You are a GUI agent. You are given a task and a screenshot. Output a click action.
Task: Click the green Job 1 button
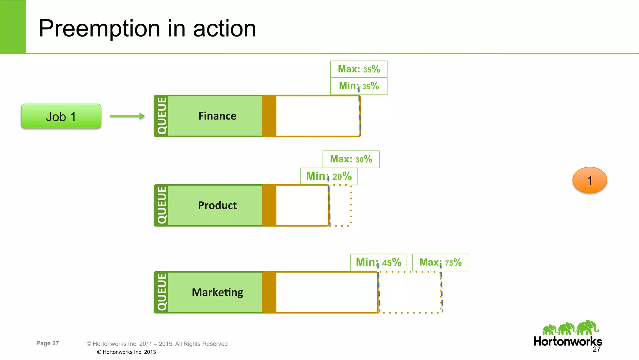61,116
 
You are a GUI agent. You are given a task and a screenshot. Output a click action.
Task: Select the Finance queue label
217,116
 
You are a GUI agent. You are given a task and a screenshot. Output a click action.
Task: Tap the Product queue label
217,205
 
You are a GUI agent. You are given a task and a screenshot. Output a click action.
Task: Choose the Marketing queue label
217,292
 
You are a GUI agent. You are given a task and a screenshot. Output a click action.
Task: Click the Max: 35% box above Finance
359,69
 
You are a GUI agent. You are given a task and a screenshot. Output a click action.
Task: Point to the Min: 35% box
359,86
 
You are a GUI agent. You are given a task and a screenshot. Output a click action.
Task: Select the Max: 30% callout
351,159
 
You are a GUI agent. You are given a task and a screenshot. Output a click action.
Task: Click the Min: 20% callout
329,176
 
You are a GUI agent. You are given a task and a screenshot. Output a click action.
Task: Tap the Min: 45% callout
378,262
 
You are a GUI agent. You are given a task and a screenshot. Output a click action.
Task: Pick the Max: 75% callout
440,262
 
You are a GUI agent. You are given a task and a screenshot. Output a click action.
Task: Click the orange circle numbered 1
589,180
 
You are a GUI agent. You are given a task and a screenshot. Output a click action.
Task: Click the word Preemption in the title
99,28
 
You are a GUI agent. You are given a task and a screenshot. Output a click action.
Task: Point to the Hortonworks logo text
568,341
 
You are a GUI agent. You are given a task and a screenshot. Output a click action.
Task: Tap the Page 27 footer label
47,343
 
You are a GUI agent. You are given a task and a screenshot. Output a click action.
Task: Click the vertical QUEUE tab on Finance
162,116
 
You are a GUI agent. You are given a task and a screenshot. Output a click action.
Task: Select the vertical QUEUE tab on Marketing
162,292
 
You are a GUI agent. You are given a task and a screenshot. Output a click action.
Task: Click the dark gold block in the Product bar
269,205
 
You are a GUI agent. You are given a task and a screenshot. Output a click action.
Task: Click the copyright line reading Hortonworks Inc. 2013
126,352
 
